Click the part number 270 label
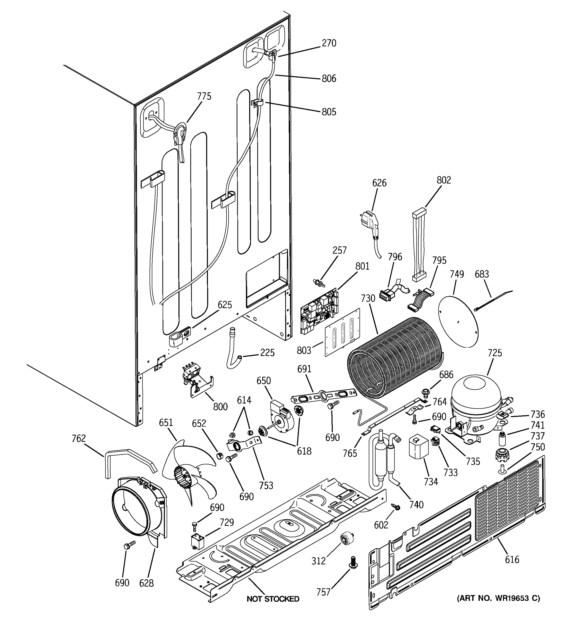tap(329, 43)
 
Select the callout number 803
tap(304, 350)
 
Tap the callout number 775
tap(204, 96)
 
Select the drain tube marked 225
tap(233, 348)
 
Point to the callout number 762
tap(78, 438)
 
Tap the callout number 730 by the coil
tap(368, 298)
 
